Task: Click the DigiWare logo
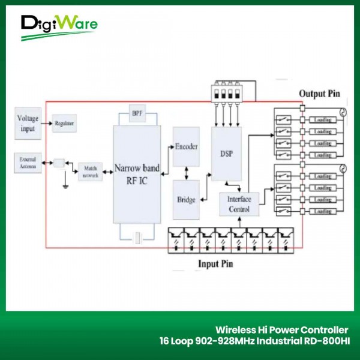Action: pos(58,27)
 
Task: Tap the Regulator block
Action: pos(64,124)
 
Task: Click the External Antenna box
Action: pos(28,163)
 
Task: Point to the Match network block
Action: pos(91,172)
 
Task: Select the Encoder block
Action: pos(186,147)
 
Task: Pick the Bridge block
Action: pos(186,199)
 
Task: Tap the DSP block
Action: pos(226,153)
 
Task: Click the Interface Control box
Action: pos(239,205)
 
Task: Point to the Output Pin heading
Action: pos(319,94)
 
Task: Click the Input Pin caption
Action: pos(215,263)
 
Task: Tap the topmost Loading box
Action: pos(323,120)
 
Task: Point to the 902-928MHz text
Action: pos(221,341)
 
